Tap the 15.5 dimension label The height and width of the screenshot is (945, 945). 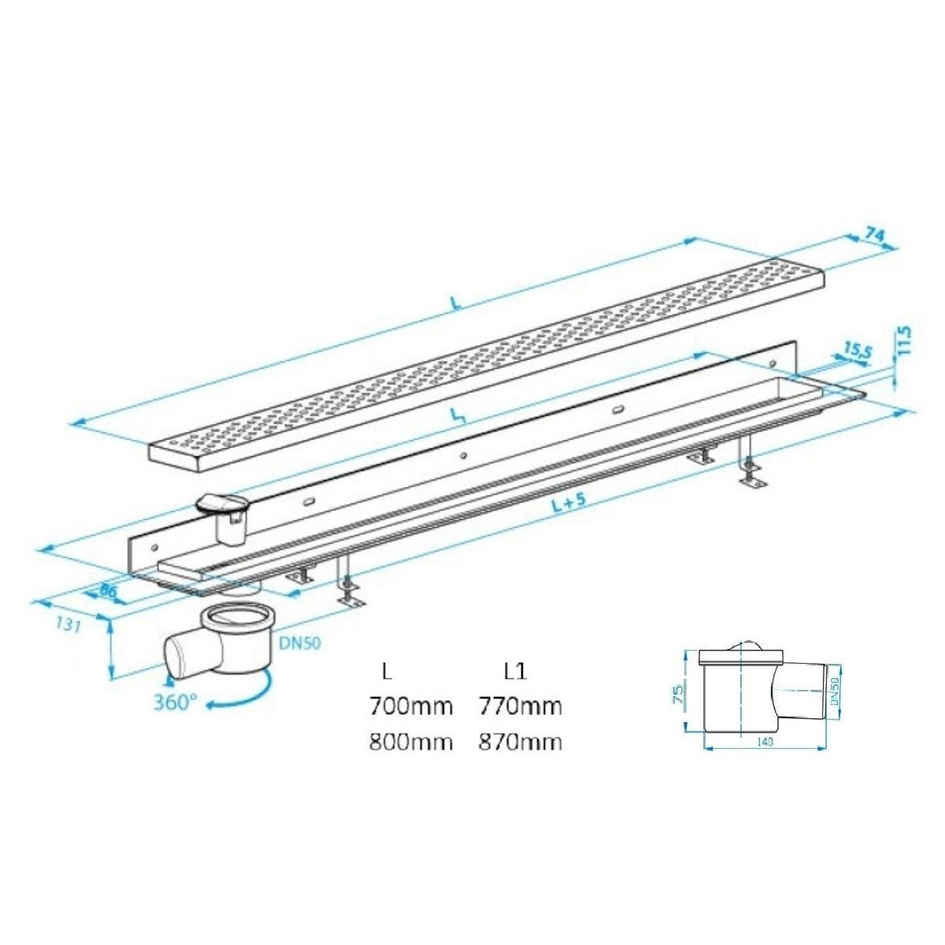(857, 350)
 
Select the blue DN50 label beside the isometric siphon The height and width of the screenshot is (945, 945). (299, 643)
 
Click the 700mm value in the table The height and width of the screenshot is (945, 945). (411, 706)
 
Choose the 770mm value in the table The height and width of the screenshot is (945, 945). (520, 706)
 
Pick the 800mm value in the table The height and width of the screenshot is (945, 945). (411, 742)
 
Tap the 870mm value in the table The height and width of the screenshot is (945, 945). (520, 742)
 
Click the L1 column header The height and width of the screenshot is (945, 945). (515, 672)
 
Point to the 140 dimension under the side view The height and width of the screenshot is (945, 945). (765, 742)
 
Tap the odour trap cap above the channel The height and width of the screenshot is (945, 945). (224, 505)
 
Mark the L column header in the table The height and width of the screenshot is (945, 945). (385, 672)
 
